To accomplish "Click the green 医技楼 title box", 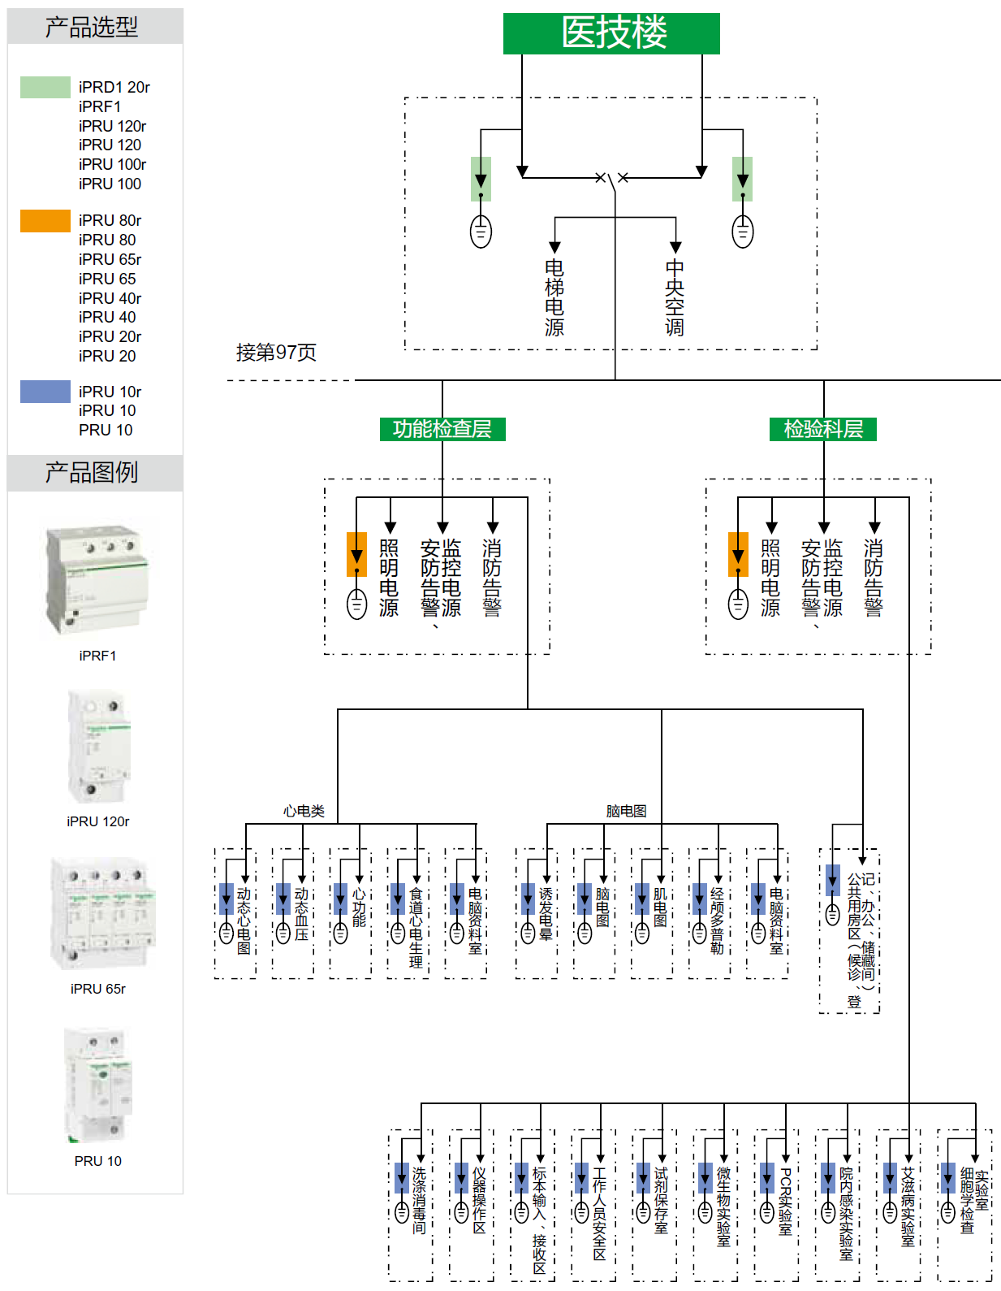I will coord(611,33).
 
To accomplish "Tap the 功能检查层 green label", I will coord(442,429).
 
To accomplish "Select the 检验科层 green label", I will coord(822,429).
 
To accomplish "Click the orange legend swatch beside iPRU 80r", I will coord(45,221).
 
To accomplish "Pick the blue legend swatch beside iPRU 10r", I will coord(45,392).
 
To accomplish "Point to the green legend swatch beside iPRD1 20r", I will coord(45,87).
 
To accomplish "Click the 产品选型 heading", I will coord(92,27).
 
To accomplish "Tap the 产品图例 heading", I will coord(92,472).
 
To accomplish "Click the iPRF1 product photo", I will coord(97,580).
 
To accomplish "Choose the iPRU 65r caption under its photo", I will coord(98,989).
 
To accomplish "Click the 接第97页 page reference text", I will coord(276,353).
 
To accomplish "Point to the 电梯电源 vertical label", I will coord(554,297).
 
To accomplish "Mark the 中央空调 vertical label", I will coord(675,297).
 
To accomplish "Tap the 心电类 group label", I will coord(304,811).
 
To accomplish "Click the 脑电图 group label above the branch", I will coord(626,811).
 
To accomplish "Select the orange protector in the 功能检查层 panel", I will coord(356,554).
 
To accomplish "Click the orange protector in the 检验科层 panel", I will coord(738,554).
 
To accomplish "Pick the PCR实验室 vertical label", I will coord(785,1201).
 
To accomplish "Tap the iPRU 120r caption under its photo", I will coord(98,821).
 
